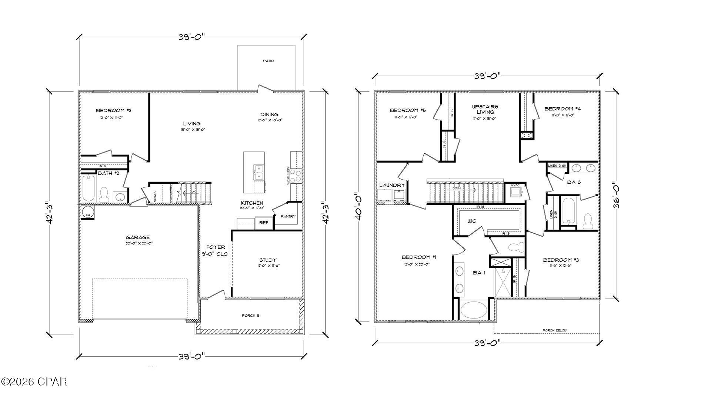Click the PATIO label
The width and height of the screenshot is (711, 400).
tap(268, 61)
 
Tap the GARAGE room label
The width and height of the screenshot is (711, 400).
tap(138, 237)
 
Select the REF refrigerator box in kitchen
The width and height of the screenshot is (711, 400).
tap(264, 223)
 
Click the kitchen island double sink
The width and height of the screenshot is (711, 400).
tap(258, 172)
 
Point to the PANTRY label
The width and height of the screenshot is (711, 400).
tap(288, 216)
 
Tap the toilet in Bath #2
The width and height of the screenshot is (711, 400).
tap(104, 194)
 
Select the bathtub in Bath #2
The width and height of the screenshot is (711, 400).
tap(89, 189)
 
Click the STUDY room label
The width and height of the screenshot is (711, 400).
tap(267, 260)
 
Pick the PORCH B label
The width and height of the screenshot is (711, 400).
tap(251, 316)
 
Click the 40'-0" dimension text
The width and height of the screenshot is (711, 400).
tap(358, 206)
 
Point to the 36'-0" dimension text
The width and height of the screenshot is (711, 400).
tap(616, 195)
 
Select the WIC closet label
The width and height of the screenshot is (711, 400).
tap(471, 221)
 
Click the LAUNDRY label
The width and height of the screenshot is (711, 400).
tap(392, 185)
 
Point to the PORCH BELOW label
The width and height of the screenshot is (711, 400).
tap(554, 330)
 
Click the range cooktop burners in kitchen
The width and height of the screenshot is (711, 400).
tap(296, 176)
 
